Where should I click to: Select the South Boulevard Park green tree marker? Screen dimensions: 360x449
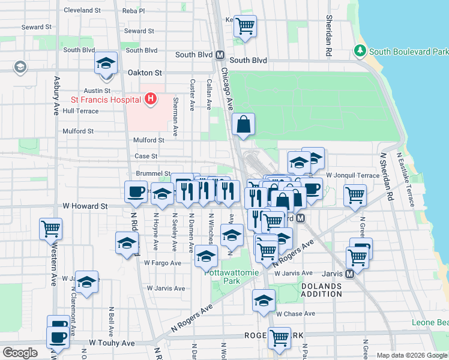coord(360,51)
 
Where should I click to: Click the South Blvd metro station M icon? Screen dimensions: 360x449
coord(220,55)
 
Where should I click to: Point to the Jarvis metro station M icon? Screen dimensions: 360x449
coord(349,274)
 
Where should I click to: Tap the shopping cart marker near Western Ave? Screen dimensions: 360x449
coord(50,229)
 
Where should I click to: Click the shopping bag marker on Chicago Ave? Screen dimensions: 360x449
coord(244,124)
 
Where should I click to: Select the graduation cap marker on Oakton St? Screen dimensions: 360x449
coord(106,64)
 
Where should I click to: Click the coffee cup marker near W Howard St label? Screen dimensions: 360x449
coord(136,191)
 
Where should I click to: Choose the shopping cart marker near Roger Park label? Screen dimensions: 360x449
coord(280,338)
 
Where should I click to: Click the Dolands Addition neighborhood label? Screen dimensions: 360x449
coord(321,290)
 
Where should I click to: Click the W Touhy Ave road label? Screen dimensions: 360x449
coord(112,343)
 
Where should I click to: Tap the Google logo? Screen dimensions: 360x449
coord(20,352)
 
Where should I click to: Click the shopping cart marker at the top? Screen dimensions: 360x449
coord(245,26)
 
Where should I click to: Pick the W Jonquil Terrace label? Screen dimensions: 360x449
coord(352,175)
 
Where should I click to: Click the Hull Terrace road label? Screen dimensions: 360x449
coord(80,111)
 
